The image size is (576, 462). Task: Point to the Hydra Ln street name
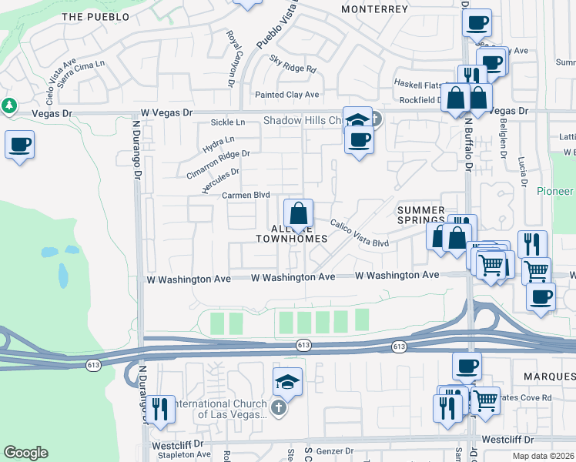pyautogui.click(x=218, y=143)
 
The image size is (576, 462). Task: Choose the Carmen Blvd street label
pyautogui.click(x=246, y=196)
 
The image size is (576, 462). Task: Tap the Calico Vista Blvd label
pyautogui.click(x=360, y=233)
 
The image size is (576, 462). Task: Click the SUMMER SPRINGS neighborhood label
pyautogui.click(x=420, y=215)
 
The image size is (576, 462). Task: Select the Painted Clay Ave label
pyautogui.click(x=286, y=95)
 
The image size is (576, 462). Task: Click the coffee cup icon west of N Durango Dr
pyautogui.click(x=19, y=144)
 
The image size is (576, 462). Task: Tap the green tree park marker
pyautogui.click(x=9, y=105)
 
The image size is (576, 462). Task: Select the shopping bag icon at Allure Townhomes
pyautogui.click(x=298, y=213)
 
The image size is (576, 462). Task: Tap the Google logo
pyautogui.click(x=26, y=453)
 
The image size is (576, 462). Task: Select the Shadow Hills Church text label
pyautogui.click(x=302, y=121)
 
